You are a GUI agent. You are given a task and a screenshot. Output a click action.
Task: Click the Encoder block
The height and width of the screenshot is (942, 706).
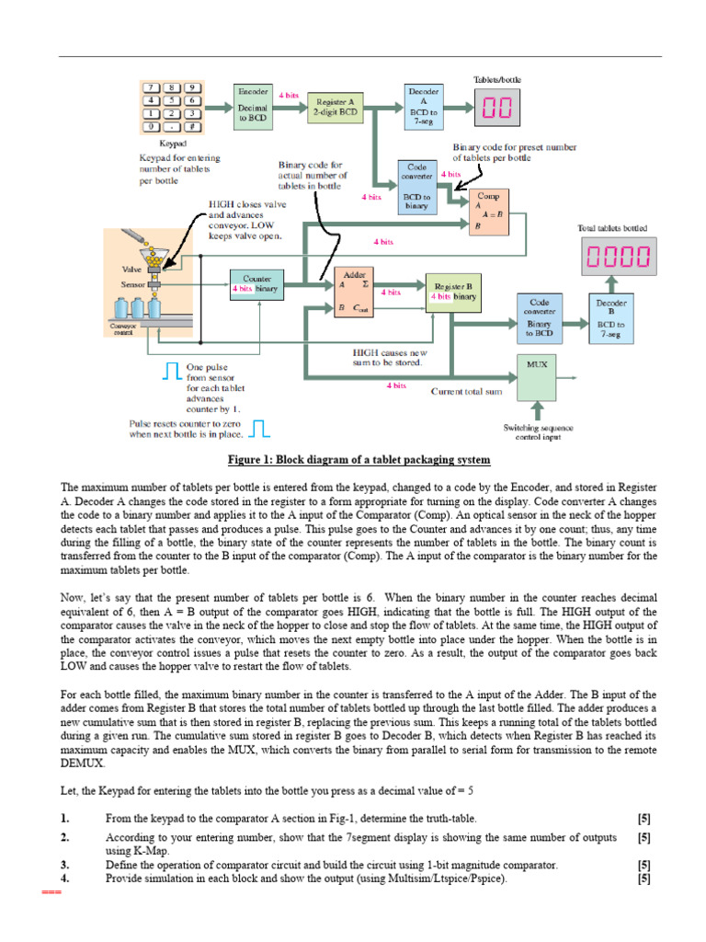coord(253,107)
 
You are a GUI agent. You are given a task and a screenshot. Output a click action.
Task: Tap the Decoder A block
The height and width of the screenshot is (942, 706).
coord(424,107)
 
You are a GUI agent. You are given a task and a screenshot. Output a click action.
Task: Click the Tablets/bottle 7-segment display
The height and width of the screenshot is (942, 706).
coord(497,109)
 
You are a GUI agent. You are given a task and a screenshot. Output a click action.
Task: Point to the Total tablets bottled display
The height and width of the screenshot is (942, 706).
coord(618,257)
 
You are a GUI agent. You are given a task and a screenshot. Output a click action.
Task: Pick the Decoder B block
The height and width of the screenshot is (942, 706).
coord(611,318)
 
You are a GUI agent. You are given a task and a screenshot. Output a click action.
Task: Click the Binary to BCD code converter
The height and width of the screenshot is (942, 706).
coord(540,318)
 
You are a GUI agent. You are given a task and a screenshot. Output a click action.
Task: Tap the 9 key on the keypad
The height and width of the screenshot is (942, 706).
coord(192,87)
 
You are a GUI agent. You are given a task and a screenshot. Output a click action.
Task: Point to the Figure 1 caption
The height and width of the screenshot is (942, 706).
coord(359,459)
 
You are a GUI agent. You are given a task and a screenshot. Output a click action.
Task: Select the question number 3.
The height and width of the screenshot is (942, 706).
coord(65,865)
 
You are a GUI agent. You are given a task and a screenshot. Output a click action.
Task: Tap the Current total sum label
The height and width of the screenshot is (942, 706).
coord(467,391)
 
